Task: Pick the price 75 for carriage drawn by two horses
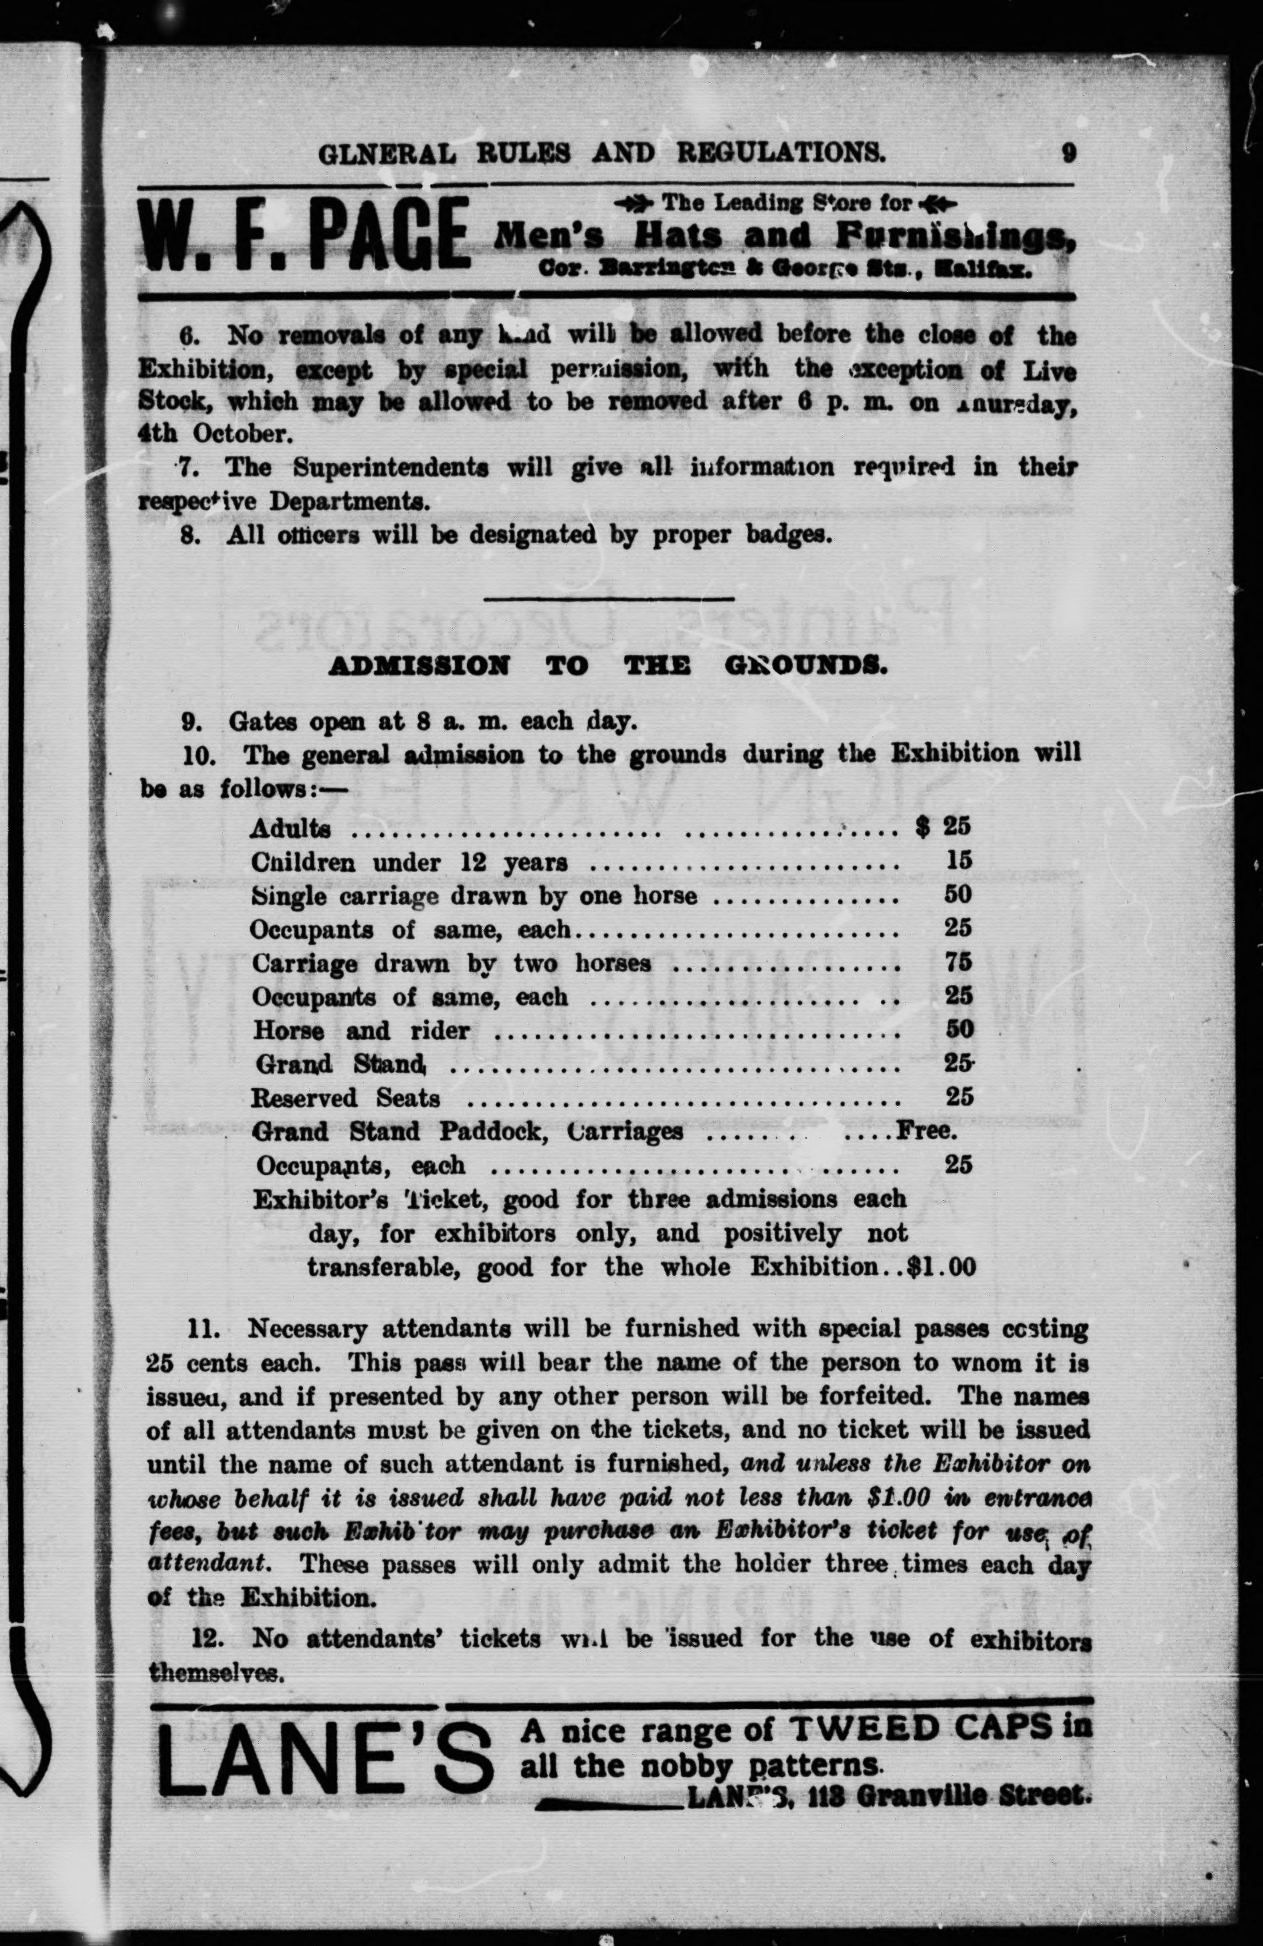click(957, 962)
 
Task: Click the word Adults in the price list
click(290, 828)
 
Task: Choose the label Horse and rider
click(361, 1031)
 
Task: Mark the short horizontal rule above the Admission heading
click(608, 600)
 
